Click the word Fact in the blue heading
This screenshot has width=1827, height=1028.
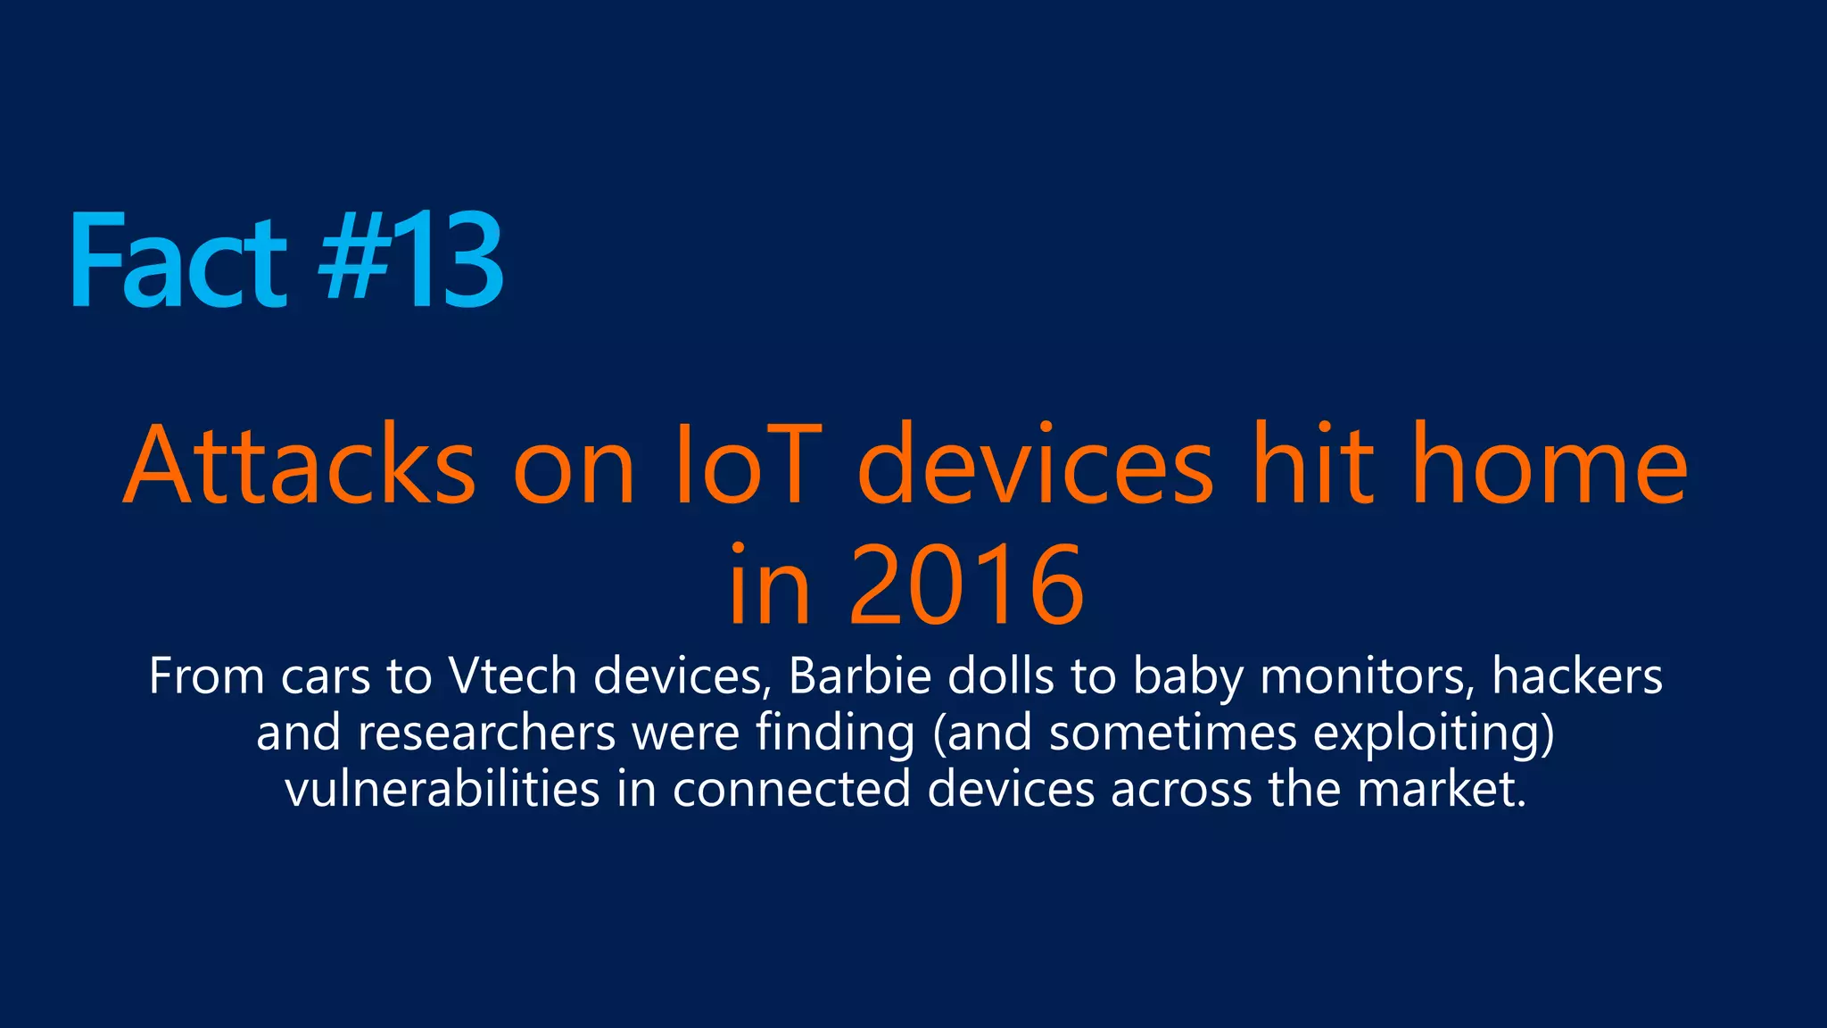[178, 261]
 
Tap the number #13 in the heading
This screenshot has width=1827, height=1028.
[412, 261]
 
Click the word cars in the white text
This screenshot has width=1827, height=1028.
[326, 676]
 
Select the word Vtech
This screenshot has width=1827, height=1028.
[513, 676]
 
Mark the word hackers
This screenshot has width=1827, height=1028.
[1577, 676]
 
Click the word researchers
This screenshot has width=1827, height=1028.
[487, 734]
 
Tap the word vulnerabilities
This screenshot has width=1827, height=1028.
[442, 790]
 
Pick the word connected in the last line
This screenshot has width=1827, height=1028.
[791, 790]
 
